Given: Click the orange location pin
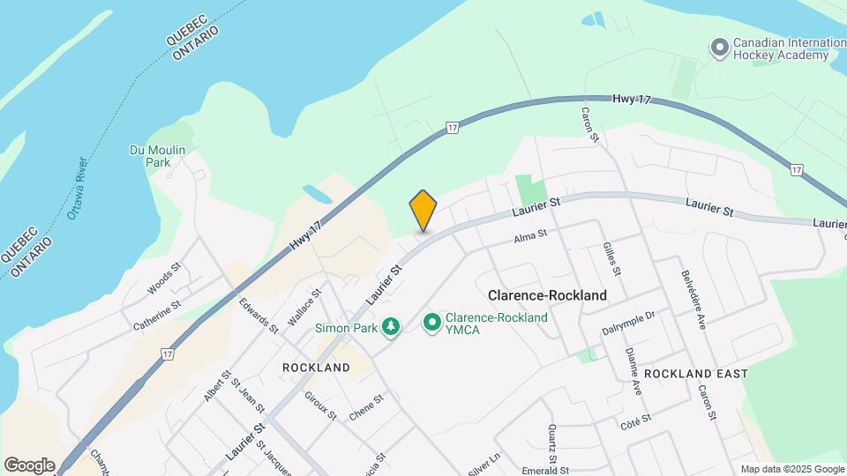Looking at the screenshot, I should tap(423, 210).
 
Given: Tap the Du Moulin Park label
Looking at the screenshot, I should tap(157, 156).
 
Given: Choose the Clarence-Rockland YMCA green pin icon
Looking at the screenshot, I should tap(432, 324).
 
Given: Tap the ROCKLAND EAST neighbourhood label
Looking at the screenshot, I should tap(695, 374).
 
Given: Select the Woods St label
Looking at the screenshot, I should tap(164, 277).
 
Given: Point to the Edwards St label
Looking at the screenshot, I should tap(259, 315).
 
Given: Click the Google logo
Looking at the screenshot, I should tap(29, 465).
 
